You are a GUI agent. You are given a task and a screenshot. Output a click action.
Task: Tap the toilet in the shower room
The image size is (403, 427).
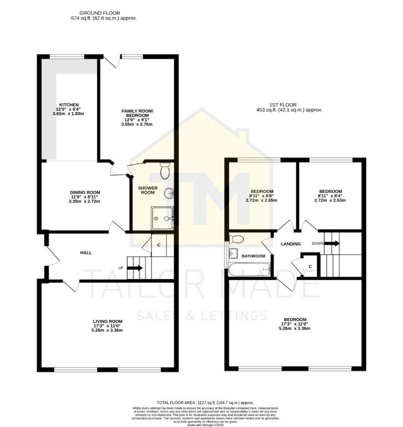(165, 171)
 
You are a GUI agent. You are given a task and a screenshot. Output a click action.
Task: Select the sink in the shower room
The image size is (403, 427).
(170, 193)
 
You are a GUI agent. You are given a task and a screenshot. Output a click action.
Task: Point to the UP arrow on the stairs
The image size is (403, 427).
(135, 268)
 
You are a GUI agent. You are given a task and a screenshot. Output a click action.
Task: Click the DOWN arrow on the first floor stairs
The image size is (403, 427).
(332, 243)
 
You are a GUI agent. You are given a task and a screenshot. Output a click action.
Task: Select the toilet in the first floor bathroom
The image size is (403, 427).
(237, 239)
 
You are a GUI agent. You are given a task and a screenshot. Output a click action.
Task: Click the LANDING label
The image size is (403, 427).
(290, 244)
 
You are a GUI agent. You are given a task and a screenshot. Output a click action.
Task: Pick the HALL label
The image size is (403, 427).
(86, 252)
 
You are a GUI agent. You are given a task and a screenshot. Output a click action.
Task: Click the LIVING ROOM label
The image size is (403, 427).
(105, 321)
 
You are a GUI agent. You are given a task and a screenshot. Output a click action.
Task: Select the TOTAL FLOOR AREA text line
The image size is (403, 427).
(205, 403)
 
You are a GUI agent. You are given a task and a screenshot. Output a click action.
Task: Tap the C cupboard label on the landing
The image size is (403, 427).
(310, 267)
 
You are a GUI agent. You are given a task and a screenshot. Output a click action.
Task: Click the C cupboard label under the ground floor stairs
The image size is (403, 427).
(159, 245)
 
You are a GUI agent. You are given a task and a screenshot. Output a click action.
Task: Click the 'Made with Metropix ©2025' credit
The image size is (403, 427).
(205, 425)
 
